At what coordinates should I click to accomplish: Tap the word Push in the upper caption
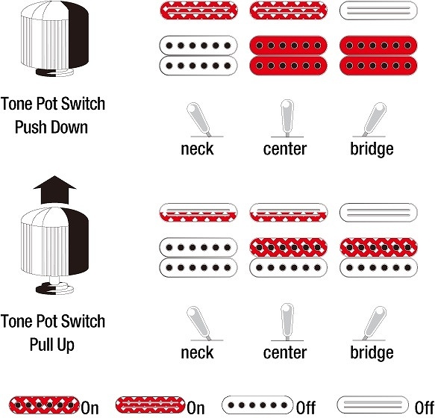click(x=31, y=128)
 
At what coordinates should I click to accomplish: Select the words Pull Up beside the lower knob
click(x=52, y=345)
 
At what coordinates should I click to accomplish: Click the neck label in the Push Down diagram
click(x=197, y=149)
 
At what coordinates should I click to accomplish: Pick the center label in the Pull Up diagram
click(x=285, y=353)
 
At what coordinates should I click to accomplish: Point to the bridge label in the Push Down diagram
click(x=372, y=149)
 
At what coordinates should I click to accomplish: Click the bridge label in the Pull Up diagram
click(x=372, y=352)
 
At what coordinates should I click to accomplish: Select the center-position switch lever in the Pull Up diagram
click(x=287, y=322)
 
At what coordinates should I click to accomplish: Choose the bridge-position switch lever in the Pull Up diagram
click(x=375, y=323)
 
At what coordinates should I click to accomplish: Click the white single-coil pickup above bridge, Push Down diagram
click(x=378, y=10)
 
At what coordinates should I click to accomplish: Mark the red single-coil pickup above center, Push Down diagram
click(x=289, y=10)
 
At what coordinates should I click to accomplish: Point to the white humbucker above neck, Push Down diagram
click(x=198, y=55)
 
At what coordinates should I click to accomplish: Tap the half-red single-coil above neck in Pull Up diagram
click(x=198, y=213)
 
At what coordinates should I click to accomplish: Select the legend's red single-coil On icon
click(x=150, y=405)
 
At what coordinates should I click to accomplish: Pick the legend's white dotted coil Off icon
click(x=257, y=405)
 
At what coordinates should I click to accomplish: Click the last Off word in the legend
click(x=425, y=408)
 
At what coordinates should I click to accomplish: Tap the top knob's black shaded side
click(x=79, y=34)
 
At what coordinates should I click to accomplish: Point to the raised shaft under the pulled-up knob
click(x=54, y=280)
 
